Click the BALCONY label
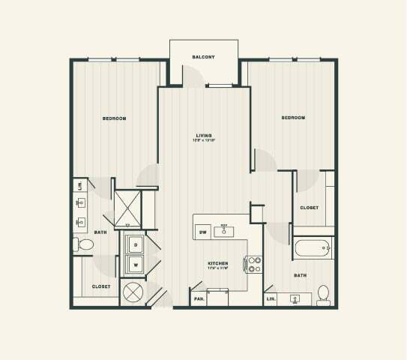tap(203, 57)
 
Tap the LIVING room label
tap(203, 135)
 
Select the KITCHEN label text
tap(217, 264)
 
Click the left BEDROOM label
tap(114, 118)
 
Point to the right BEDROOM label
tap(293, 118)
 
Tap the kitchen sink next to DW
tap(224, 231)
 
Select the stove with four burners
tap(254, 264)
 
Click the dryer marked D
tap(136, 244)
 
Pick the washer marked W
tap(136, 263)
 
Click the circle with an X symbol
tap(133, 292)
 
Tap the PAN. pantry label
tap(199, 299)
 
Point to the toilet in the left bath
tap(85, 244)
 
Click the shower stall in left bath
tap(127, 208)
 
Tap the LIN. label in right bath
tap(271, 299)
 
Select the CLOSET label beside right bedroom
tap(309, 208)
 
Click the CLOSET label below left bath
tap(101, 286)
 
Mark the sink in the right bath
tap(295, 299)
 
